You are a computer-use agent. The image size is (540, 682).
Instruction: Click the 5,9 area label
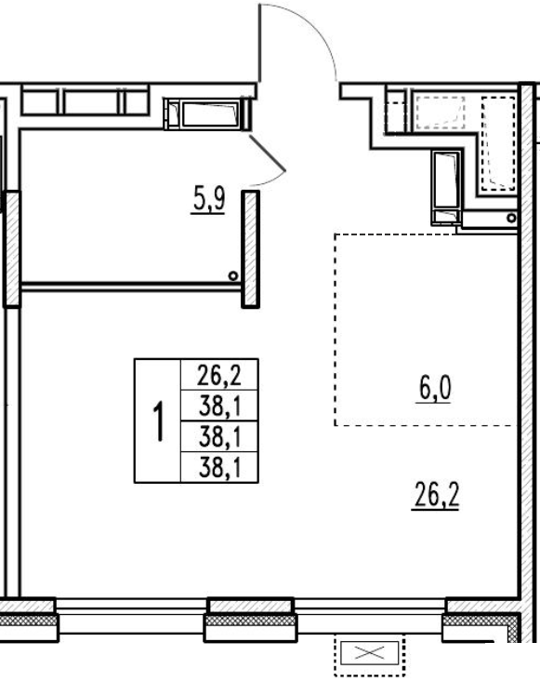208,201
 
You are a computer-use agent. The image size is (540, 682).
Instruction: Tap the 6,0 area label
434,388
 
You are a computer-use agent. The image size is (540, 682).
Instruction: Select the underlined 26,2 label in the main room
436,495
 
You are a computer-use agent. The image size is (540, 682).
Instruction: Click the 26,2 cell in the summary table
219,375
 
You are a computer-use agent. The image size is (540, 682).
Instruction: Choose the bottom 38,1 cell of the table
219,468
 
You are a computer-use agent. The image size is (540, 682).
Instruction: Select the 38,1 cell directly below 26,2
219,406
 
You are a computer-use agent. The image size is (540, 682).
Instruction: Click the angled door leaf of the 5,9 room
268,154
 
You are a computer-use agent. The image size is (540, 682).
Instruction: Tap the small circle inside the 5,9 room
233,275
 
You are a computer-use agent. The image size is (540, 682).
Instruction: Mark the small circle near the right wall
512,218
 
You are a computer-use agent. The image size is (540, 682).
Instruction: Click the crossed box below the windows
370,652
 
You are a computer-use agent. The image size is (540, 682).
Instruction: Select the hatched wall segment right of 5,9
250,249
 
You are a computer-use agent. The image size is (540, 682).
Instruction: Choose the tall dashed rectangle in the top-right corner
498,143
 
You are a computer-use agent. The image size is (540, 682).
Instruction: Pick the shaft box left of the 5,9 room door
207,114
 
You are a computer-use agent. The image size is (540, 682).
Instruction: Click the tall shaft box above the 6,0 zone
446,187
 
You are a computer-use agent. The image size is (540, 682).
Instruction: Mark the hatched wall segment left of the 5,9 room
12,249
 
